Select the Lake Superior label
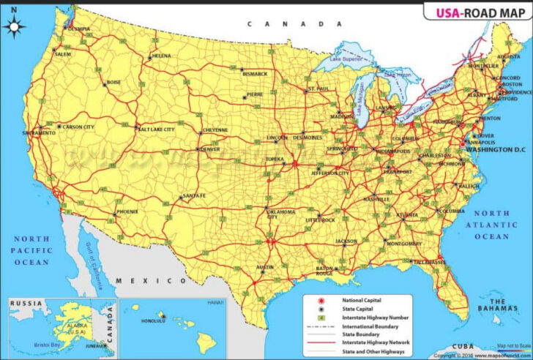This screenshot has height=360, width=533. click(346, 59)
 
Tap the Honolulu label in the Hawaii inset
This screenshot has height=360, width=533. click(154, 320)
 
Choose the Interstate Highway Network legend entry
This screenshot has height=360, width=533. click(376, 342)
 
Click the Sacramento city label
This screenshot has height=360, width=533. click(39, 134)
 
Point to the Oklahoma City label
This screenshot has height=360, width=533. click(281, 214)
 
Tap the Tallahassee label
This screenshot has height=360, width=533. click(430, 261)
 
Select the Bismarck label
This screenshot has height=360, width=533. click(255, 74)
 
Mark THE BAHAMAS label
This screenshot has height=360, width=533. click(499, 307)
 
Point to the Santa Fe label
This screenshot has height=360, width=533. click(194, 196)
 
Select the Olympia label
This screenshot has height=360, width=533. click(78, 29)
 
